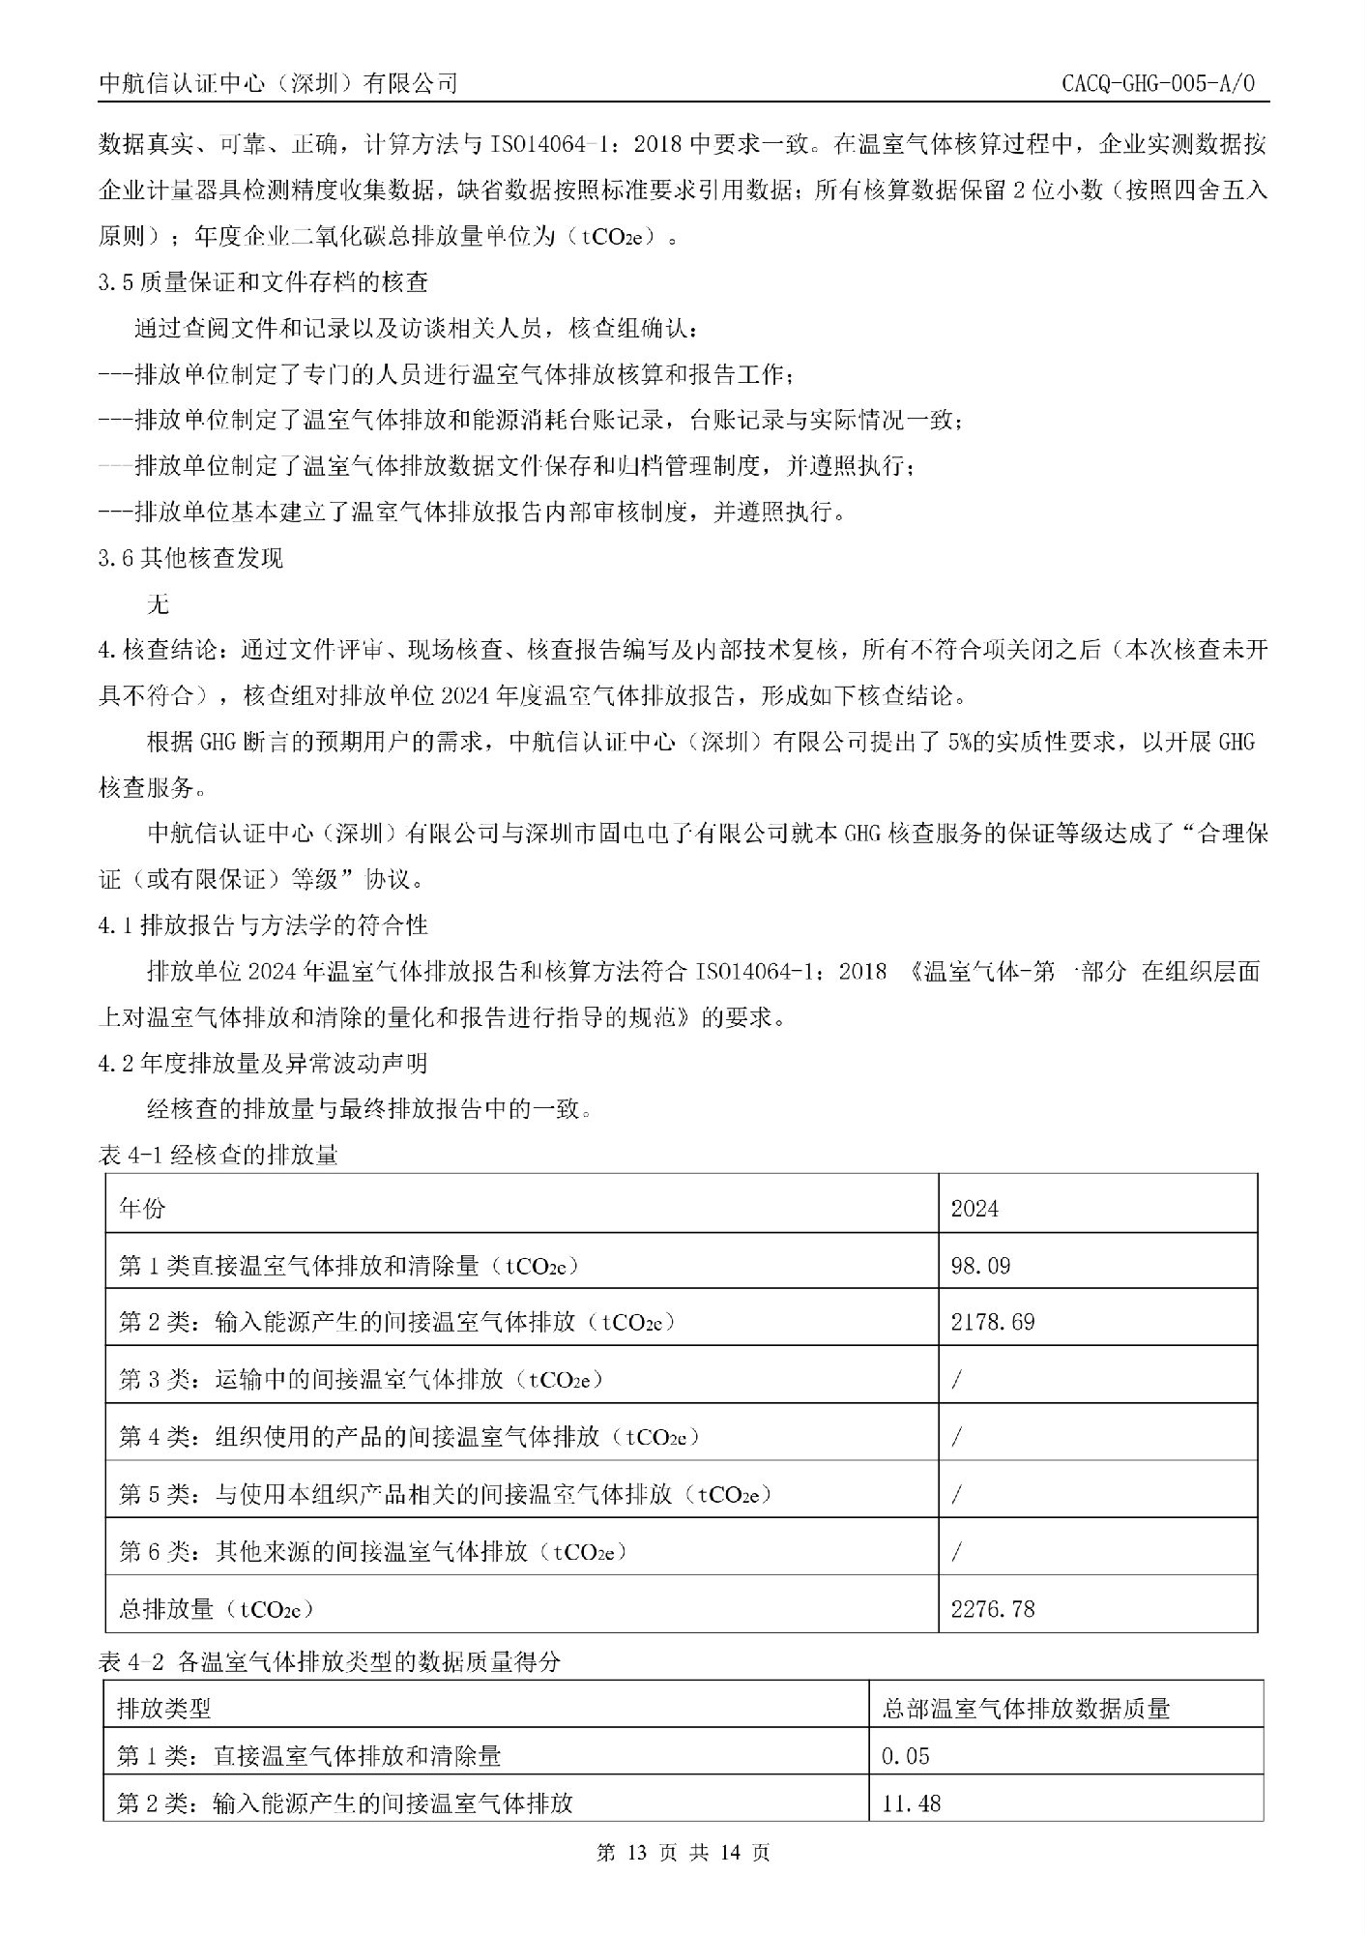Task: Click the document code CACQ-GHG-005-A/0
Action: (1157, 84)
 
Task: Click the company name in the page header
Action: (278, 84)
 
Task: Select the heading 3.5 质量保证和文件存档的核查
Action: (263, 282)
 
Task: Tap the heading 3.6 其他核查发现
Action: (190, 558)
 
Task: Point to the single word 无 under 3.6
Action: (157, 604)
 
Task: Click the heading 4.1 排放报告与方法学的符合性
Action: (263, 925)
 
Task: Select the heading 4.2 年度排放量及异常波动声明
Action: (263, 1064)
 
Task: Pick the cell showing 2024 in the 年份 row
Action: (974, 1208)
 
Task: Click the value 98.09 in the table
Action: (980, 1265)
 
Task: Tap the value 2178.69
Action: (993, 1321)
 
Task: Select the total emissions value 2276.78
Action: (993, 1608)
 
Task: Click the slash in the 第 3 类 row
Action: (956, 1379)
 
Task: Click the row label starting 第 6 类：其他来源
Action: (372, 1551)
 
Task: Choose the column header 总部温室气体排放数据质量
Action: (1026, 1708)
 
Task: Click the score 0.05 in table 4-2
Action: (905, 1755)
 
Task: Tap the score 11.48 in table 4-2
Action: (911, 1802)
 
